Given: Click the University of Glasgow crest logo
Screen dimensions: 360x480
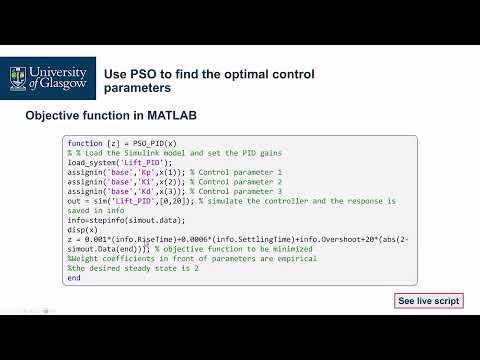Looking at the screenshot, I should (18, 74).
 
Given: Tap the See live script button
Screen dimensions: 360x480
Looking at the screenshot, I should (429, 300).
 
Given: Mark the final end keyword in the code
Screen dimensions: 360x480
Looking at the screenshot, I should (73, 278).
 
